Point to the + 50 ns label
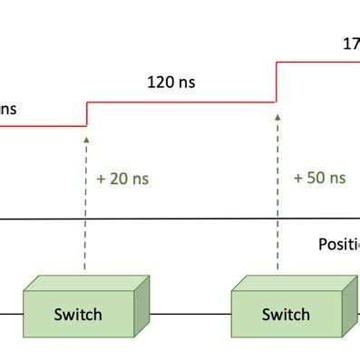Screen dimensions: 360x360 [x=319, y=178]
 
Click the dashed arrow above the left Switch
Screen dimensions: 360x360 [x=85, y=209]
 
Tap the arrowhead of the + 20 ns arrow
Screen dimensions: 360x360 [x=85, y=140]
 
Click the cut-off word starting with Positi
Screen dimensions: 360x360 [x=338, y=244]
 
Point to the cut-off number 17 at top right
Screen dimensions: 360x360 [x=350, y=44]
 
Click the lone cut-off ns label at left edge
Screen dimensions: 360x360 [x=7, y=109]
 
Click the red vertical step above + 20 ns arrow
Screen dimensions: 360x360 [x=85, y=114]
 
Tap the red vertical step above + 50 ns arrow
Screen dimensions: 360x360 [x=275, y=82]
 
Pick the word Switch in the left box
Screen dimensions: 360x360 [x=78, y=316]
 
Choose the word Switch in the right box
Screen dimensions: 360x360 [x=285, y=316]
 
